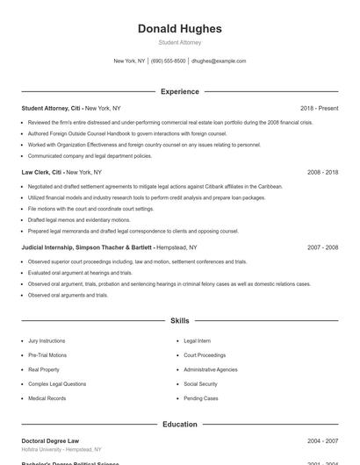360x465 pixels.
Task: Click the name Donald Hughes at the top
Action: click(180, 29)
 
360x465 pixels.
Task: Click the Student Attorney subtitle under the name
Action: click(180, 42)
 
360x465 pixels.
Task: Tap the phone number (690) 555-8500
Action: click(169, 61)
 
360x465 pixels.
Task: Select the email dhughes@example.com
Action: click(219, 61)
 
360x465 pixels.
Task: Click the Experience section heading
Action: click(180, 91)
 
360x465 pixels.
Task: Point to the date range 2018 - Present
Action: click(319, 108)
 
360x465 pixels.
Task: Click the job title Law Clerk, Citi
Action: click(41, 173)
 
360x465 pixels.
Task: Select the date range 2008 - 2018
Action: click(322, 173)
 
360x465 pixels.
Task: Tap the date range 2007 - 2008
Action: click(322, 247)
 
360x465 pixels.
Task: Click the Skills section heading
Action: click(180, 321)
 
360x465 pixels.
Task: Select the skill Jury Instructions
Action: click(47, 340)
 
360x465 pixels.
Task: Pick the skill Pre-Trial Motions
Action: click(47, 355)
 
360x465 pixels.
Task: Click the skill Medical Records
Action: click(47, 398)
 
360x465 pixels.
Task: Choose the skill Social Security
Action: click(200, 384)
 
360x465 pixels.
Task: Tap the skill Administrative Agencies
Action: click(210, 369)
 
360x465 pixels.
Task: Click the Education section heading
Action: click(180, 425)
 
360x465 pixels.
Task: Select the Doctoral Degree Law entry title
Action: click(50, 440)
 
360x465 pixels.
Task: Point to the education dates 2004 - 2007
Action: click(322, 440)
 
